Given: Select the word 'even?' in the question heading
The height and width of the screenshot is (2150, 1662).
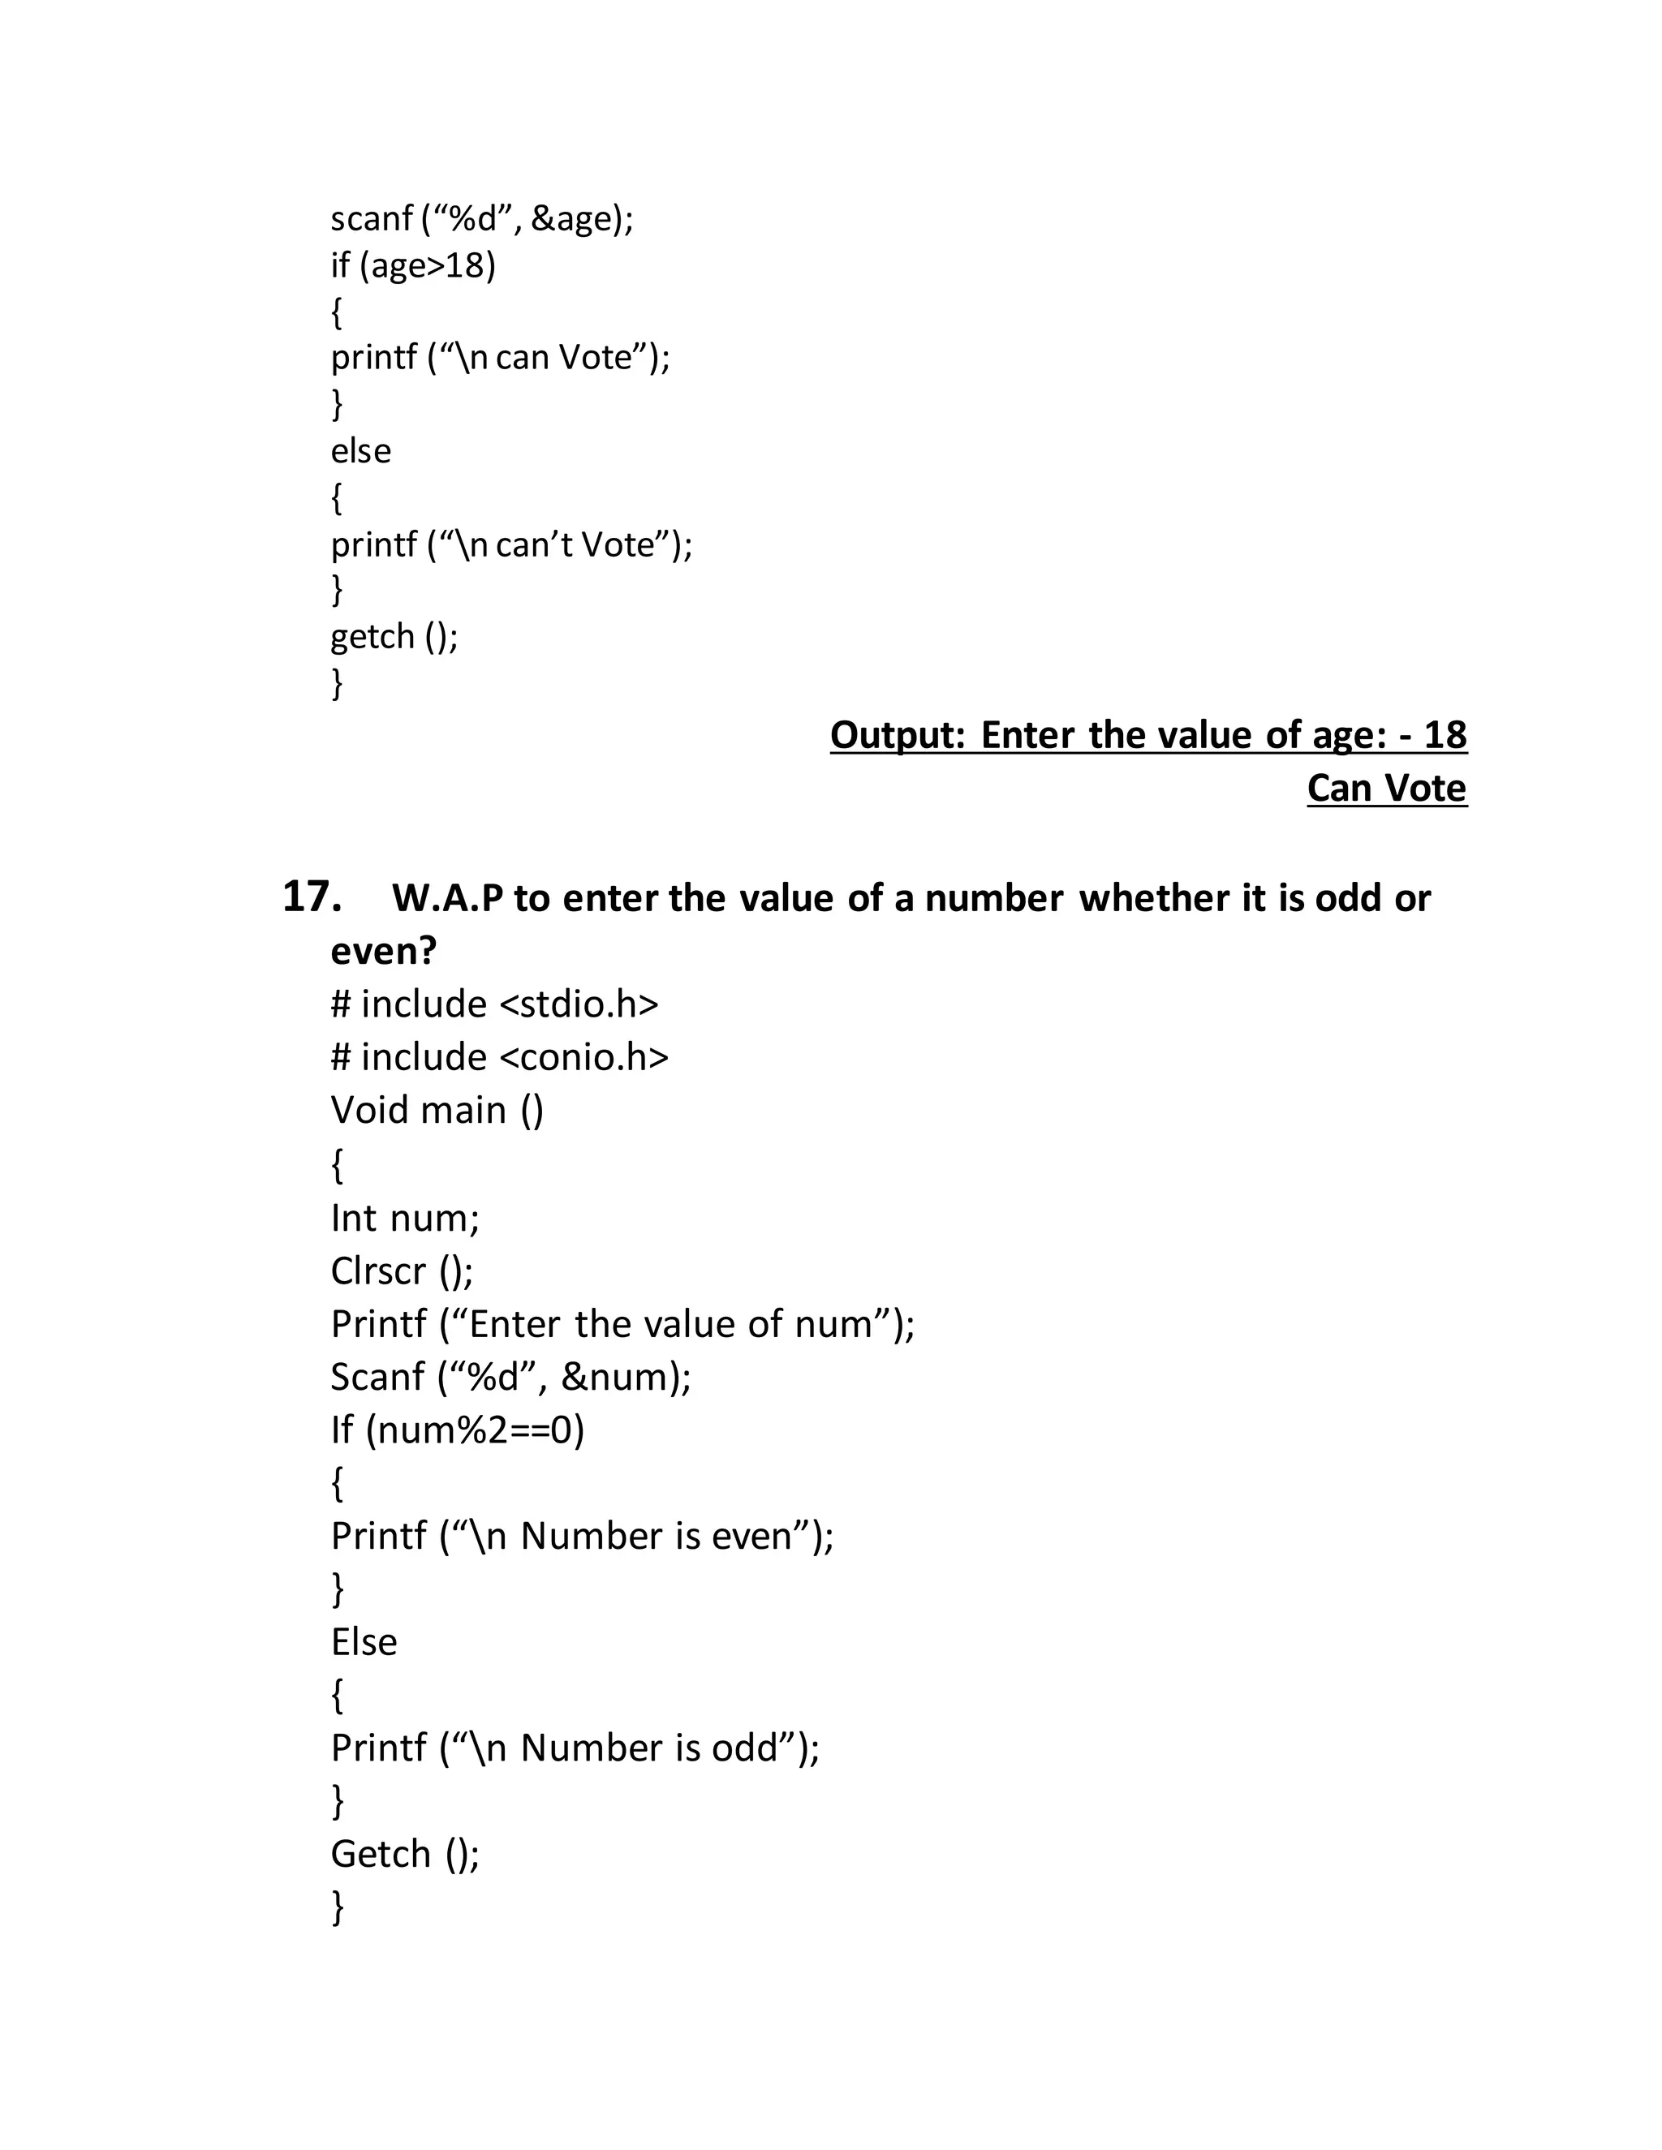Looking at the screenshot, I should coord(383,951).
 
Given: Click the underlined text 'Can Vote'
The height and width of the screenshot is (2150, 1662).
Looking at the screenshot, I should coord(1386,789).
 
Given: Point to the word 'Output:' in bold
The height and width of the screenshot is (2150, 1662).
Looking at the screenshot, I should coord(898,735).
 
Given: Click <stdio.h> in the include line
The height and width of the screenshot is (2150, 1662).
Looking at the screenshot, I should coord(579,1004).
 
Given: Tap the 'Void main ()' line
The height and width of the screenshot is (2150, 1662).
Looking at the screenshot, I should coord(437,1111).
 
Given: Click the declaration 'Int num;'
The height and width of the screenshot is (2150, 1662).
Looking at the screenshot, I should coord(405,1219).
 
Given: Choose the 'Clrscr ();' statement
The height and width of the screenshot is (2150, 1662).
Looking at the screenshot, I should coord(402,1272).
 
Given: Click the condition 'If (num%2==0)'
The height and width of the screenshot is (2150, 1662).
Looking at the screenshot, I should coord(457,1430).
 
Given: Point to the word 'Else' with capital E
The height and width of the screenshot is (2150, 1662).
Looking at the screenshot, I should coord(364,1642).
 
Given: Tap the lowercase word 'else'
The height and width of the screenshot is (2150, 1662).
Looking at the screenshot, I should coord(360,451).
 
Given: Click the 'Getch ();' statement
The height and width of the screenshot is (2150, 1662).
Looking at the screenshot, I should coord(405,1855).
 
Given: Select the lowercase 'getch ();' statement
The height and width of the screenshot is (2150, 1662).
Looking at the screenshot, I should coord(394,637).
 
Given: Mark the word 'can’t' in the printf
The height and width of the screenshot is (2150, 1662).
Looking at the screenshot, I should coord(532,544).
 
